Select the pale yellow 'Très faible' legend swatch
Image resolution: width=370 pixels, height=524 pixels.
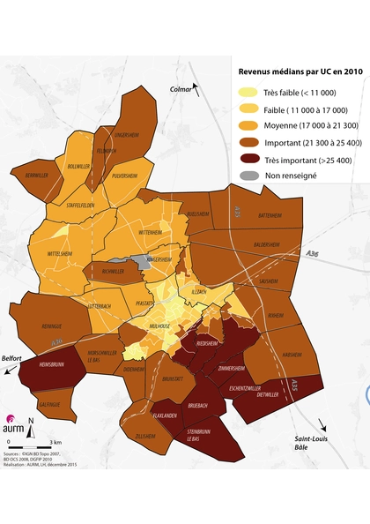tap(250, 93)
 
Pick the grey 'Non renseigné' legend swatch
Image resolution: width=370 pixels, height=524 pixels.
tap(250, 176)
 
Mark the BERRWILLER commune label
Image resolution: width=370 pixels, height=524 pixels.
tap(36, 176)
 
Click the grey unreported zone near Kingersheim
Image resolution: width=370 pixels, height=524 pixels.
tap(140, 263)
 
